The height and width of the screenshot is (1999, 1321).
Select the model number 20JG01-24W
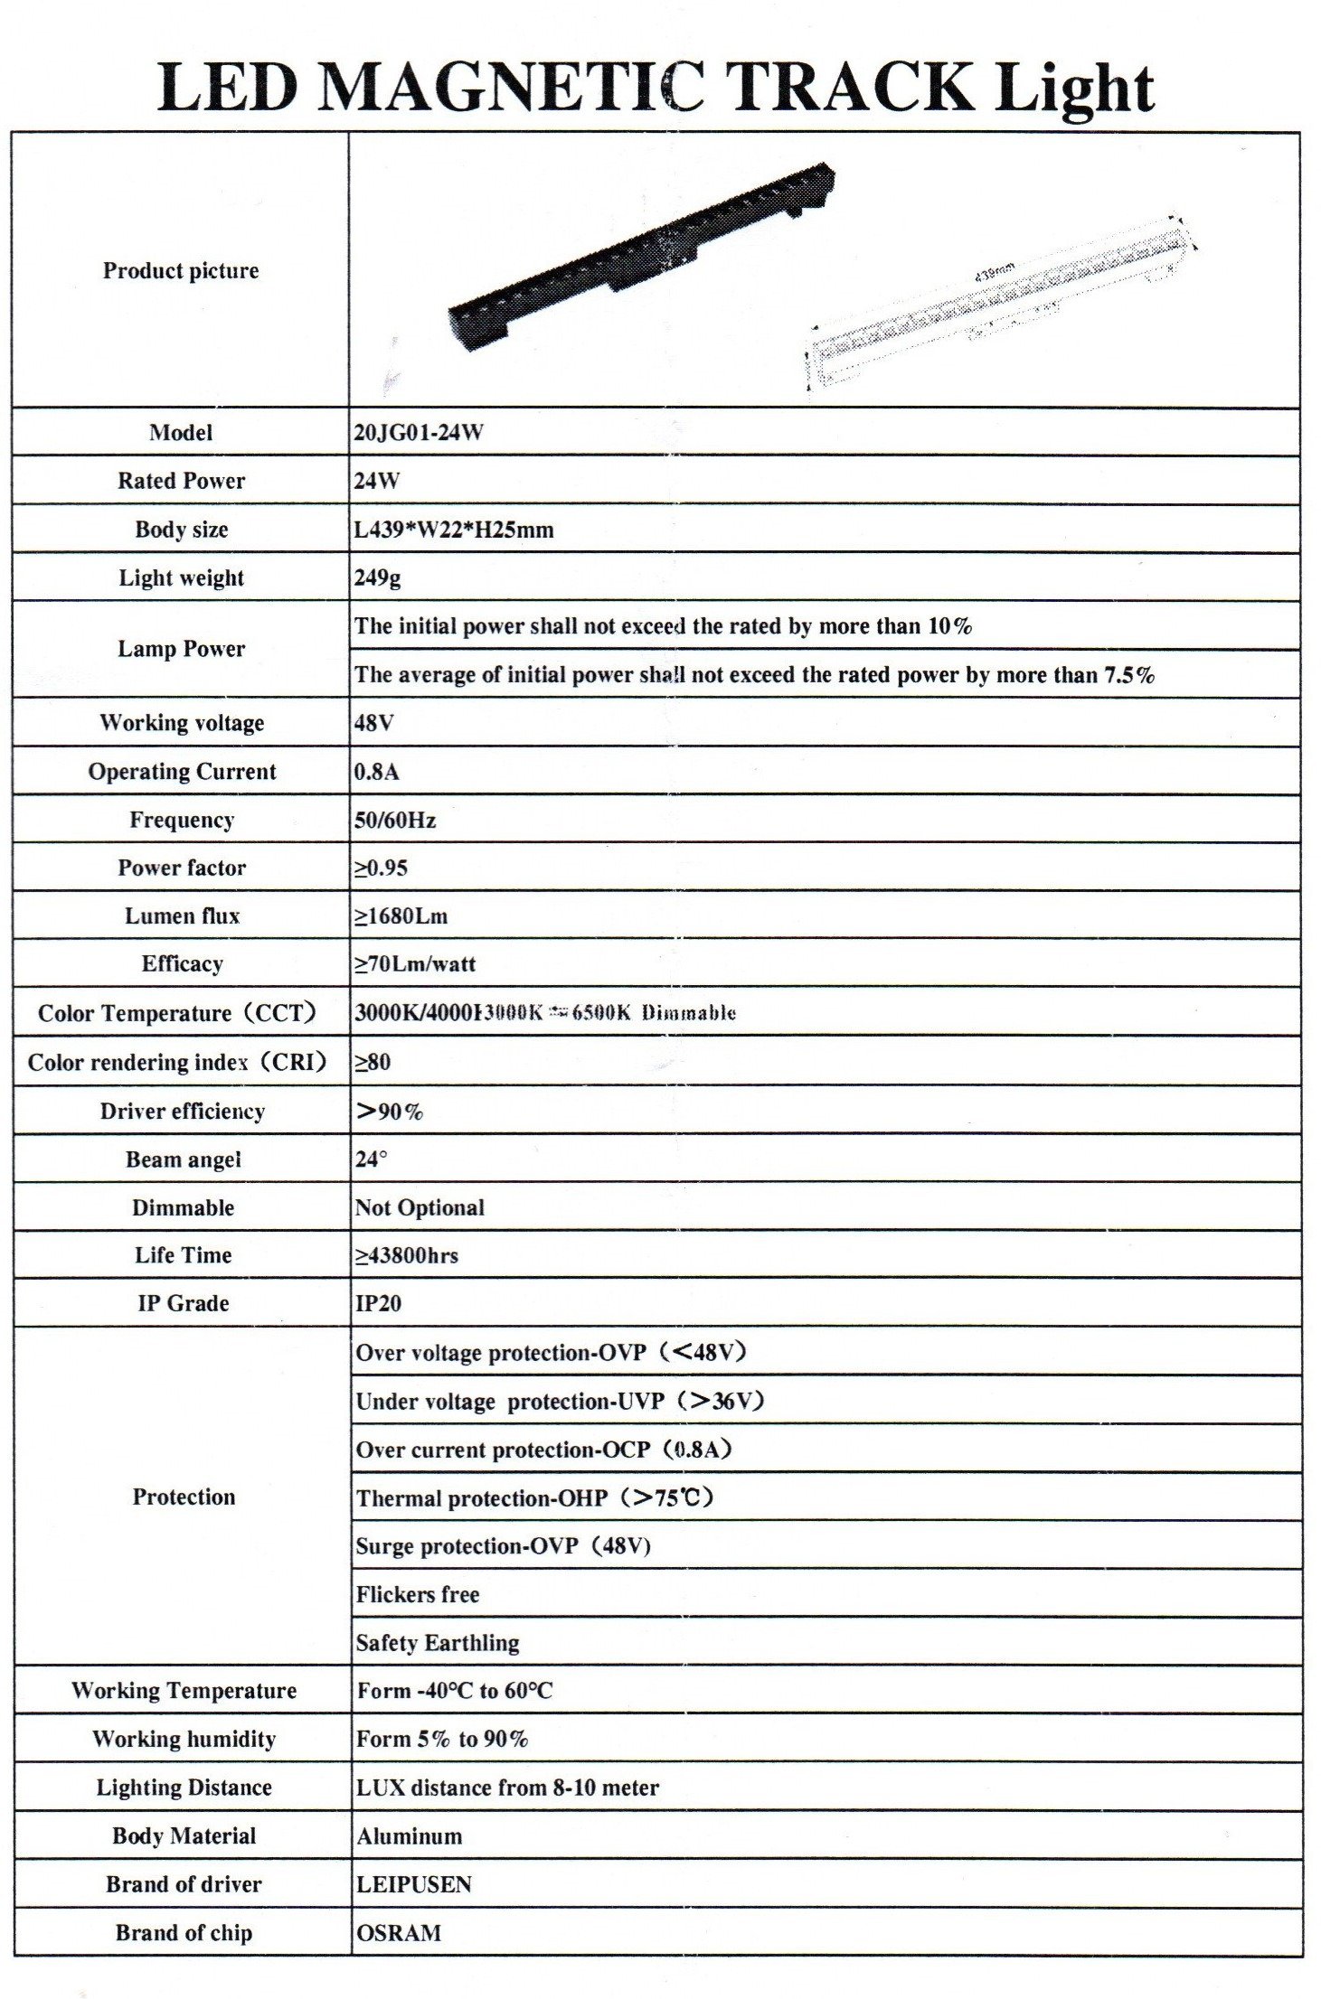coord(418,432)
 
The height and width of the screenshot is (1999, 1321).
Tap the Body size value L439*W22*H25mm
coord(453,530)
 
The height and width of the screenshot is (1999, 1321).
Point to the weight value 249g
coord(377,578)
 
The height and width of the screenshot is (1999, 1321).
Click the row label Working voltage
coord(182,723)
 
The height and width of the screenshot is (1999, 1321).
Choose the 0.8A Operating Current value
coord(376,772)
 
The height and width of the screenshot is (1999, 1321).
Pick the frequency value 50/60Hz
coord(395,821)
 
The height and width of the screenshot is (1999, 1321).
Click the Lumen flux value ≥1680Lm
coord(401,916)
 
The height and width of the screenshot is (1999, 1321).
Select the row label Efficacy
coord(182,964)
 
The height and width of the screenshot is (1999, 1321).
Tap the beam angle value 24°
coord(371,1159)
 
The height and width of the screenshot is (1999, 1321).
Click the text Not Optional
coord(420,1208)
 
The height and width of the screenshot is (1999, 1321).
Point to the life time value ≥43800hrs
coord(406,1256)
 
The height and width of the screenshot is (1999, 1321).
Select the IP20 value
coord(378,1304)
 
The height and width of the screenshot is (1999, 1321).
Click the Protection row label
coord(184,1497)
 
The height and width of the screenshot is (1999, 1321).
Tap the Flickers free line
coord(417,1595)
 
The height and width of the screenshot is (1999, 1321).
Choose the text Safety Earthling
coord(438,1643)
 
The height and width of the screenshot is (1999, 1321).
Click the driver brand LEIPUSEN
coord(413,1884)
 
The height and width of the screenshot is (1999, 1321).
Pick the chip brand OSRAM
coord(399,1933)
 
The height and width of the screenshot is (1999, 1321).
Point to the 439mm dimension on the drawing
coord(995,271)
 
